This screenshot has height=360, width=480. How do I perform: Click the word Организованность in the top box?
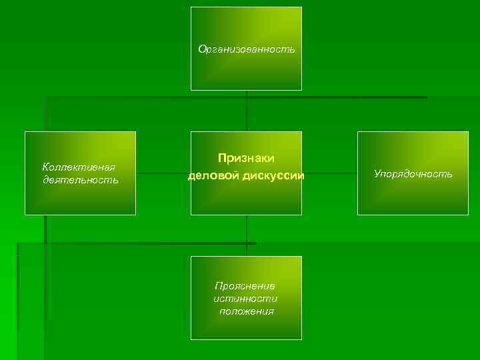(x=246, y=49)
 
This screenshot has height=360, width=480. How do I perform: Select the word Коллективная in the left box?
(x=79, y=167)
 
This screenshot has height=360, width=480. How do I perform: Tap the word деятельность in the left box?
(x=80, y=179)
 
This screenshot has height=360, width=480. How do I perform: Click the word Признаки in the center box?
(x=246, y=157)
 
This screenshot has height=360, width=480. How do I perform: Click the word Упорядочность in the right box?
(x=413, y=173)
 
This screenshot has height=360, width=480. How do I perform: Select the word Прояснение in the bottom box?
(x=246, y=285)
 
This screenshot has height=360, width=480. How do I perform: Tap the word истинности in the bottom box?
(x=246, y=298)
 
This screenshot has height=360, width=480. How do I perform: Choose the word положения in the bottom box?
(x=246, y=311)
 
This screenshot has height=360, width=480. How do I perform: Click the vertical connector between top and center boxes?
(x=247, y=111)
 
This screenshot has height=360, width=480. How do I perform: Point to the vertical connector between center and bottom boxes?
(x=247, y=235)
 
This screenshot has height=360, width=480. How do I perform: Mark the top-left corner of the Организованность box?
(x=191, y=7)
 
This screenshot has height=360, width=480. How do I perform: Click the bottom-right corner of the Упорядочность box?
(x=468, y=215)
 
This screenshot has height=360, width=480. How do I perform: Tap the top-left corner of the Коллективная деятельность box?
(x=25, y=131)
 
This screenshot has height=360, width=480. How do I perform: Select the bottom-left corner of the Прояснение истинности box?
(x=191, y=339)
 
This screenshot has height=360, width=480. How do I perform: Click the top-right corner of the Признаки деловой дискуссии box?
(x=301, y=131)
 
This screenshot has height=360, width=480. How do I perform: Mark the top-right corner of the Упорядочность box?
(x=468, y=131)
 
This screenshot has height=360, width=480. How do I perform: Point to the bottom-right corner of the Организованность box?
(x=301, y=90)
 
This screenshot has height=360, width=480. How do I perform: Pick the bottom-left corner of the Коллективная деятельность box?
(x=25, y=215)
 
